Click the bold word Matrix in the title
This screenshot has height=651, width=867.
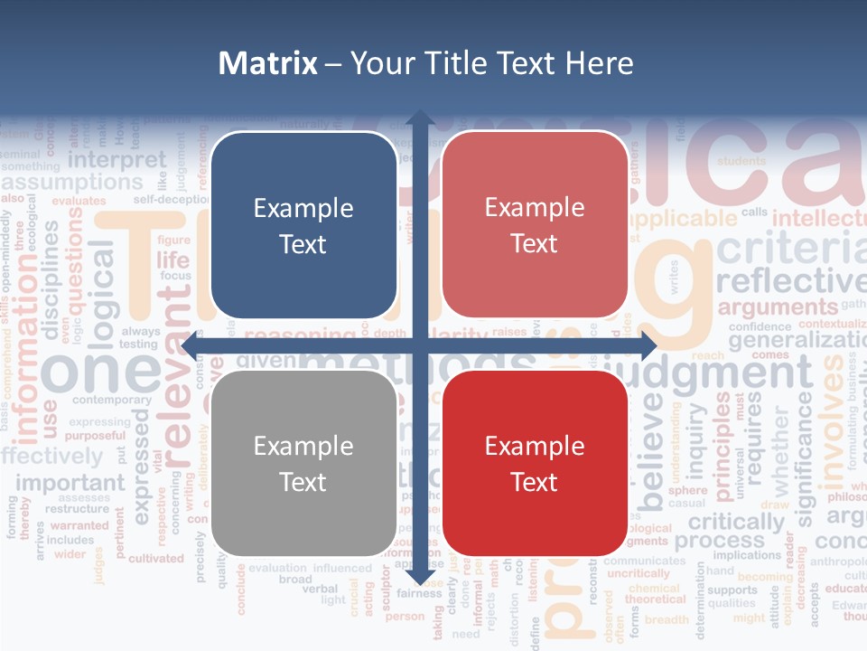tap(268, 63)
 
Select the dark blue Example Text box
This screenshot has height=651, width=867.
tap(303, 225)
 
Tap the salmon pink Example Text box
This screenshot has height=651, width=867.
tap(535, 225)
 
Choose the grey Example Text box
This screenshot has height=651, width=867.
tap(303, 463)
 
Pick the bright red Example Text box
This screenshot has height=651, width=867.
tap(535, 463)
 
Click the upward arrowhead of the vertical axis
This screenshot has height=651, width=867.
tap(419, 119)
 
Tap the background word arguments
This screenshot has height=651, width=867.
tap(778, 307)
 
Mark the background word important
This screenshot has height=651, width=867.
tap(70, 483)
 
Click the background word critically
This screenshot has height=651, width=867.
tap(736, 522)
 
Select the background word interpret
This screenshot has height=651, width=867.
tap(117, 160)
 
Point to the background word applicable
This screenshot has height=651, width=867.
tap(683, 219)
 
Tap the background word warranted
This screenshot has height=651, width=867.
tap(79, 525)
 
